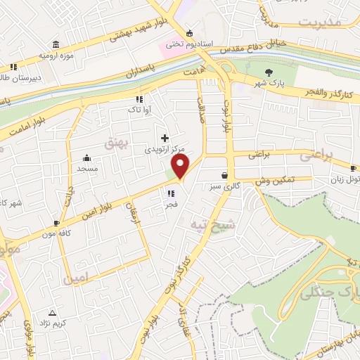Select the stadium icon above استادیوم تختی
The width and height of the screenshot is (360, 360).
coord(188,33)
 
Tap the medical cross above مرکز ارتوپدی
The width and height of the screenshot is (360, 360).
coord(165,138)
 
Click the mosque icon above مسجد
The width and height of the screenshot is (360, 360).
coord(87,158)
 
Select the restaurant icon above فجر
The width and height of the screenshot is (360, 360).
coord(171,193)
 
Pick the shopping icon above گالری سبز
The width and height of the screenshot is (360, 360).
coord(224,176)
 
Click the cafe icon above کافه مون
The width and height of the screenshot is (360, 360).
coord(56,224)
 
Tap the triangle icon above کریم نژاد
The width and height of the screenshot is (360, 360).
coord(52,311)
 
